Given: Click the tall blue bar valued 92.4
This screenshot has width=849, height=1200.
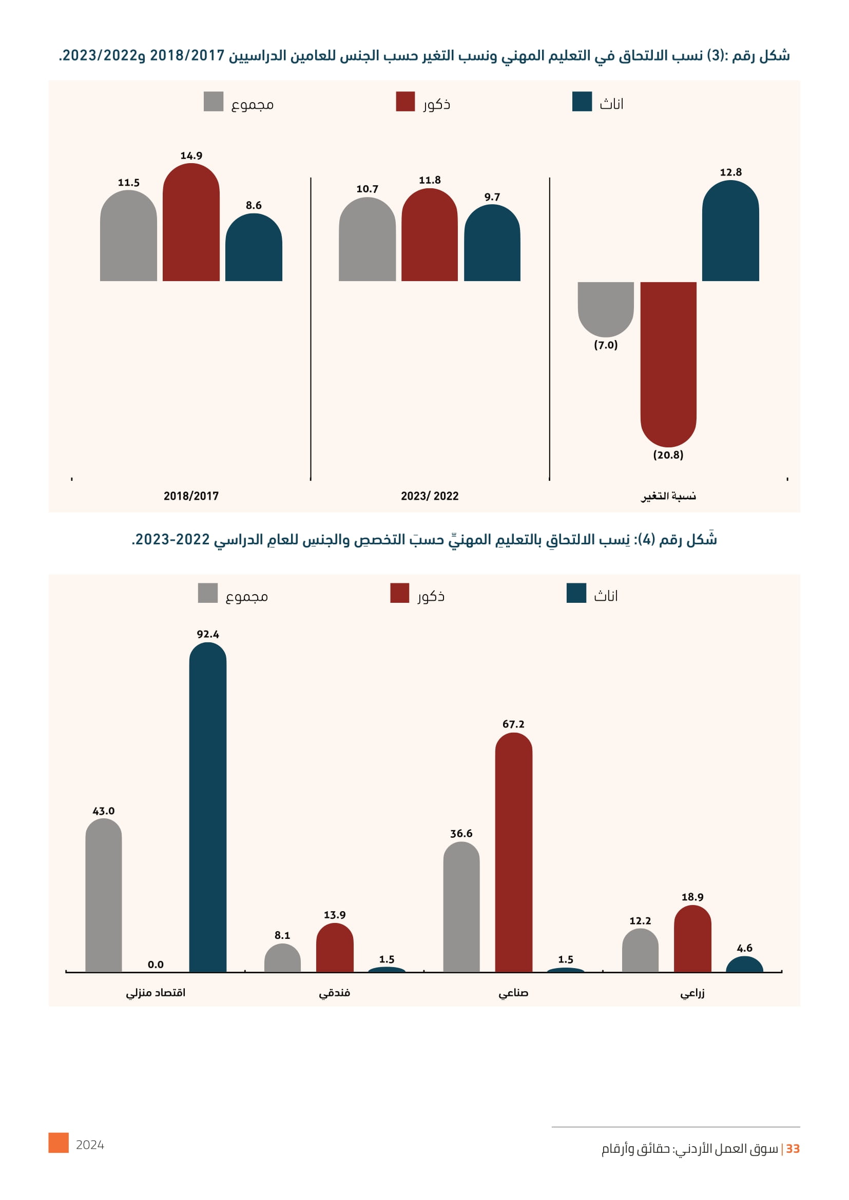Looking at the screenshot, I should coord(207,808).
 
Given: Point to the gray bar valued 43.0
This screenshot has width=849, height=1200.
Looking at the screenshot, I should coord(104,896).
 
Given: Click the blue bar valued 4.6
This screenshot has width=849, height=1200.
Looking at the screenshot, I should coord(744,966).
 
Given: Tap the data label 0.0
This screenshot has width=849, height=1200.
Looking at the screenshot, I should coord(156,965).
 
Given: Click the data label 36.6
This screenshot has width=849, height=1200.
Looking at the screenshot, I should coord(461,834).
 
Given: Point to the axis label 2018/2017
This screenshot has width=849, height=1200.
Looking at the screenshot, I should coord(191,496).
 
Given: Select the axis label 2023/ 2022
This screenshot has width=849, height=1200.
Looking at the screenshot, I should coord(430,496).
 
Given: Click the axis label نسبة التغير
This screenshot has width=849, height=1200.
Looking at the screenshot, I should coord(669,496).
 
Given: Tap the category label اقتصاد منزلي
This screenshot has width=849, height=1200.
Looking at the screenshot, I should coord(156,993).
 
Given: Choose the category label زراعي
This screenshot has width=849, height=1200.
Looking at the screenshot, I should coord(692,993).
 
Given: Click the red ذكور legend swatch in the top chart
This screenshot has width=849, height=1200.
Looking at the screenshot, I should coord(405,102).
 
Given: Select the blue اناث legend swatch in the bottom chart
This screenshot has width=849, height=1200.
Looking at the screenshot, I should coord(576,593).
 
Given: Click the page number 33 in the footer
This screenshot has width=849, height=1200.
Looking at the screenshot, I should coord(793,1149).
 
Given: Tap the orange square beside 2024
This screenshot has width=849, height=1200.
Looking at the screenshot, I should coord(59,1143).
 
